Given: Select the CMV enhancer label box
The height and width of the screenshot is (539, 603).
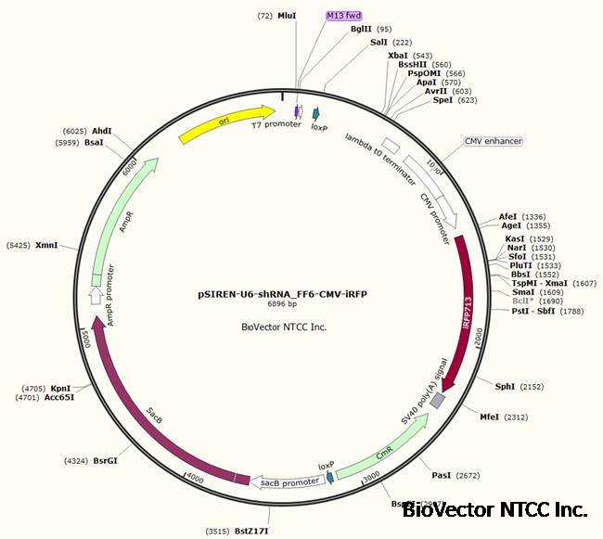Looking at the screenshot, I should [x=494, y=142].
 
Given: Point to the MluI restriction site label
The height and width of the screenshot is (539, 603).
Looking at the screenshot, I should [x=288, y=16].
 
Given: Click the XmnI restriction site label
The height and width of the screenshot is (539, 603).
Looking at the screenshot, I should [x=46, y=246].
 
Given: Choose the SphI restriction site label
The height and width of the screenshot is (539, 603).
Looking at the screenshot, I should [x=506, y=386].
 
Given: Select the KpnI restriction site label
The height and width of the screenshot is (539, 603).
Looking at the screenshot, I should [x=61, y=390].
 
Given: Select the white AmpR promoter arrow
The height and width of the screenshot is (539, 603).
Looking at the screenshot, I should [x=96, y=295].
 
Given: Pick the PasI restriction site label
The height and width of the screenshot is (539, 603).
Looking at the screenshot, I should [x=442, y=475].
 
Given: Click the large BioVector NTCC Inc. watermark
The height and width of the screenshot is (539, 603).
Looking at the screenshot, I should [x=495, y=509].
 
